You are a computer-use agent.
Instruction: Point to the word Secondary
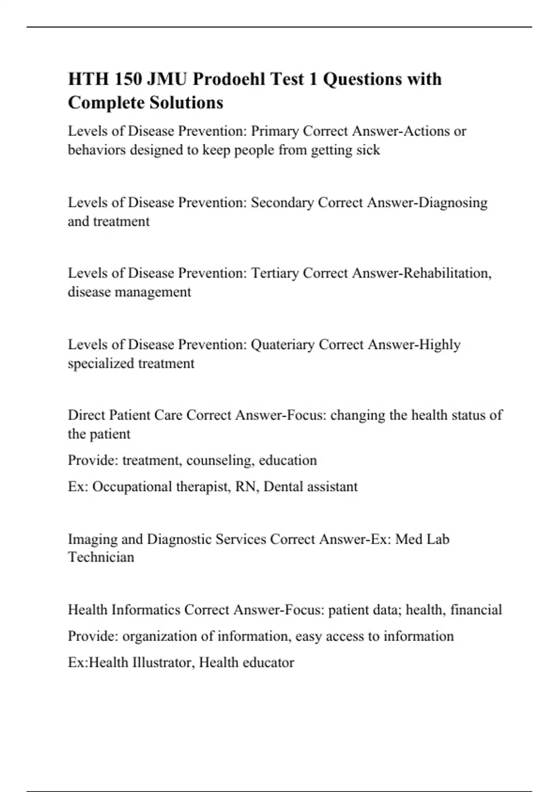click(282, 203)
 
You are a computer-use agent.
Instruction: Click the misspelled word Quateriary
click(283, 345)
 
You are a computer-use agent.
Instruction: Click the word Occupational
click(132, 487)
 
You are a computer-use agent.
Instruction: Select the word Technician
click(101, 557)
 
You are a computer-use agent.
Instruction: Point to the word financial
click(476, 610)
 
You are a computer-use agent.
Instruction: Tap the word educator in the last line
click(270, 662)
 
